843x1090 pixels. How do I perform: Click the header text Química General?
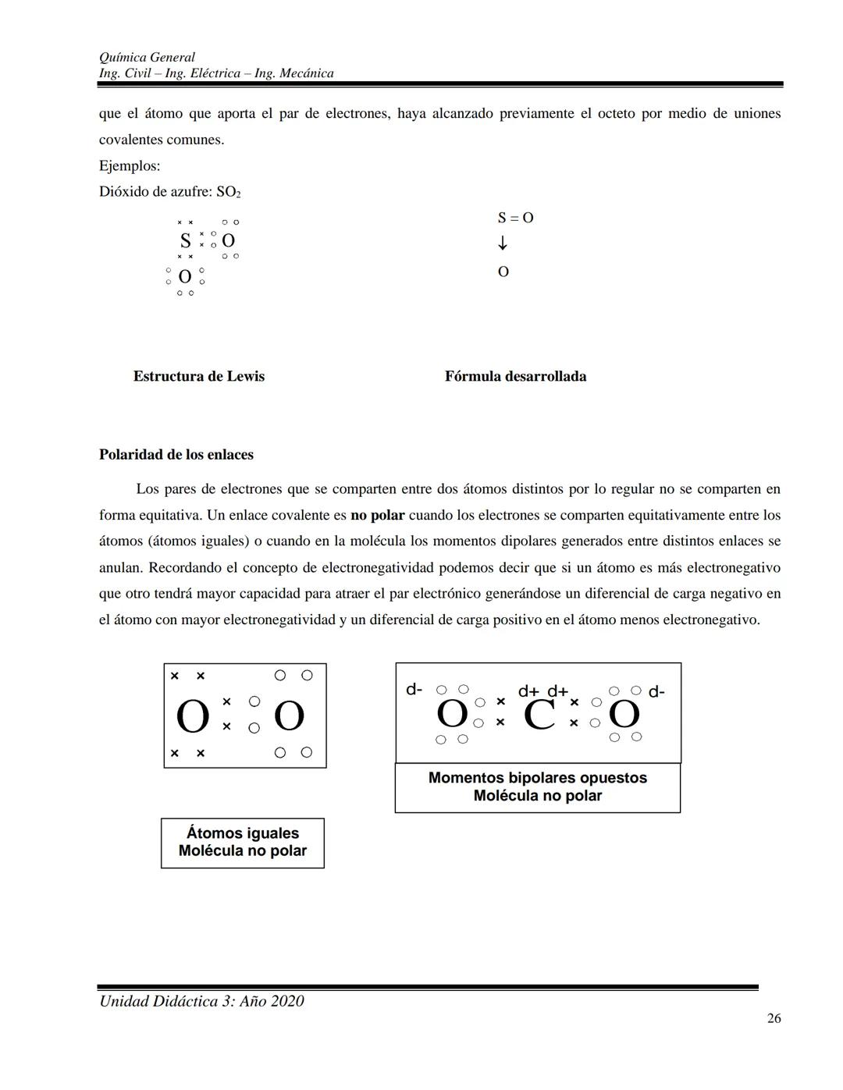[147, 57]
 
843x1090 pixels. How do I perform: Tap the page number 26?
[774, 1018]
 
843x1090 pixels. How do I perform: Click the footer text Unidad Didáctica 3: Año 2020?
[201, 1001]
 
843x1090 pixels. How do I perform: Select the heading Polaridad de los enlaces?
[176, 455]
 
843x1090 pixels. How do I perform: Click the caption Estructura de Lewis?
[198, 376]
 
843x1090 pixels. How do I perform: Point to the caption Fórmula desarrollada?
[515, 376]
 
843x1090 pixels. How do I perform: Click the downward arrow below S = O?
[503, 243]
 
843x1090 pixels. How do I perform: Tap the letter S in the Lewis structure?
[185, 240]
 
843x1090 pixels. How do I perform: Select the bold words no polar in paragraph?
[378, 516]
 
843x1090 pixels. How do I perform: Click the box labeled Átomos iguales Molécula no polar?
[243, 843]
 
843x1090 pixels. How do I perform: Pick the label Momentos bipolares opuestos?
[537, 778]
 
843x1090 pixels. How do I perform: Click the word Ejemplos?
[130, 166]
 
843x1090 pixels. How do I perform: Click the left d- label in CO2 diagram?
[414, 690]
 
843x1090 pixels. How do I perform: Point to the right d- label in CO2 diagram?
[656, 692]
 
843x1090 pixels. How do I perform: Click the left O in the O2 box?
[192, 717]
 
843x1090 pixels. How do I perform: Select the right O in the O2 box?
[289, 715]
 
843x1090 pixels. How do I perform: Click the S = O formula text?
[515, 218]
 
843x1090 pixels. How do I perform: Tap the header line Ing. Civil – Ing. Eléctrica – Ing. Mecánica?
[216, 73]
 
